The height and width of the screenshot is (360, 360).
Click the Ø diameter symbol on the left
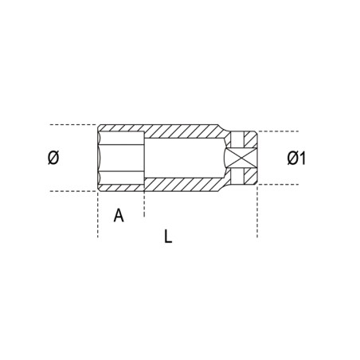coord(53,158)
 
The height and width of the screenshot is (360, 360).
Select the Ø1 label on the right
coord(296,158)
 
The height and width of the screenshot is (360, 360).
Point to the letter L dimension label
coord(167,237)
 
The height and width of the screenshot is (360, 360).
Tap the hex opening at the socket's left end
coord(119,158)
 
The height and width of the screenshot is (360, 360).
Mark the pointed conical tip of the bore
coord(226,158)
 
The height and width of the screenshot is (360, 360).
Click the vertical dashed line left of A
coord(98,215)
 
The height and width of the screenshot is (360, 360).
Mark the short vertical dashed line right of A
coord(144,205)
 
